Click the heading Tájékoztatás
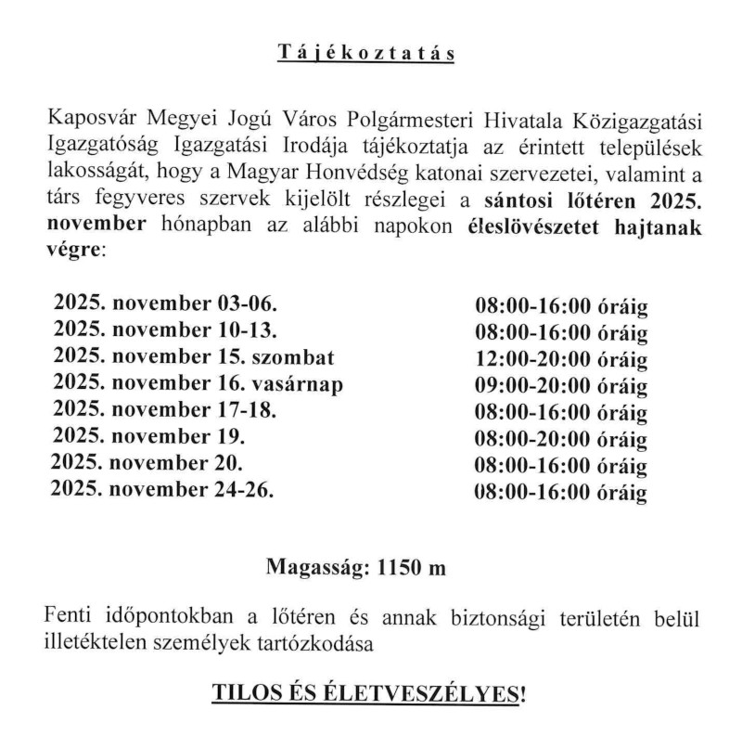click(x=366, y=53)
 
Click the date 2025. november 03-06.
click(x=166, y=305)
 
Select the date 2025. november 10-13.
click(x=166, y=331)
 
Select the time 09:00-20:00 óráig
click(x=560, y=385)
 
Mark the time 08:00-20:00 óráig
click(x=560, y=438)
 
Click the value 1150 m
click(x=409, y=567)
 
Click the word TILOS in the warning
click(x=242, y=694)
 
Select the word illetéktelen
click(x=96, y=641)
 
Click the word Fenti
click(x=69, y=616)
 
